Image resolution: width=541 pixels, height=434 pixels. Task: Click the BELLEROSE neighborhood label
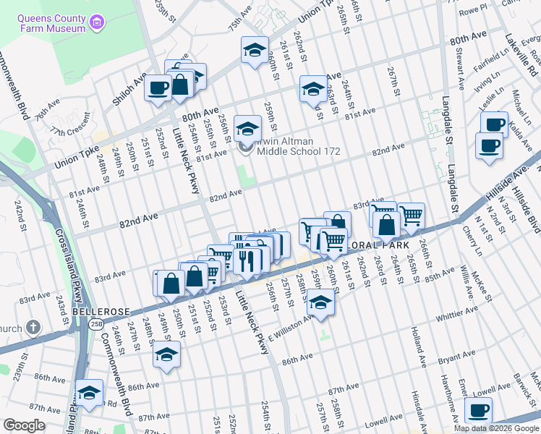(x=101, y=311)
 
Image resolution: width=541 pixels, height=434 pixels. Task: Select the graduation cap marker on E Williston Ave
(x=320, y=302)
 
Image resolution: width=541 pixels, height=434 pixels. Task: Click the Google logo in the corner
(x=23, y=425)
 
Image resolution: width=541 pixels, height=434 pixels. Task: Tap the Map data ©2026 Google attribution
(x=496, y=428)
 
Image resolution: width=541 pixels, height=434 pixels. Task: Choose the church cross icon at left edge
(x=33, y=328)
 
